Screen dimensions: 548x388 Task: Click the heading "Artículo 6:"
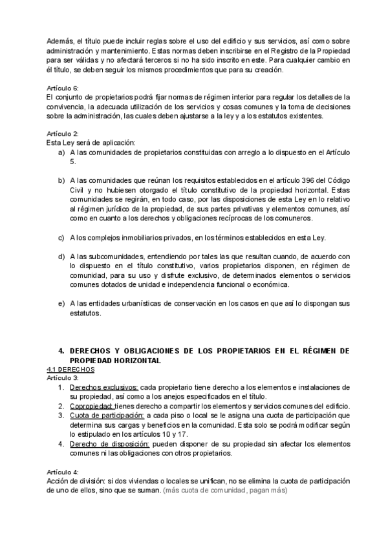click(x=63, y=88)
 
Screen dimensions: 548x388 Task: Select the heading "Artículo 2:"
click(x=63, y=133)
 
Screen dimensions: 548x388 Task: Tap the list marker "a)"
click(x=61, y=151)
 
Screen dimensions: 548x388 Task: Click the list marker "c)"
click(x=61, y=237)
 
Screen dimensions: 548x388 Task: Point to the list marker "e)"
click(x=61, y=304)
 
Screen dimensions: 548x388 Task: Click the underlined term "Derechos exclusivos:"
click(x=103, y=387)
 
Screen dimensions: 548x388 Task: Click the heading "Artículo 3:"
click(x=63, y=377)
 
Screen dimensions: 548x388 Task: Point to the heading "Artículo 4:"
click(x=63, y=472)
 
